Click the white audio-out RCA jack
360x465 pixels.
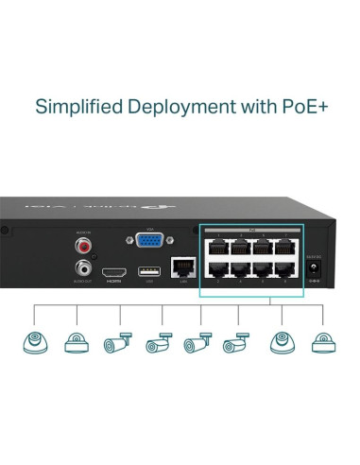coord(86,268)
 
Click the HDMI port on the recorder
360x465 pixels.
coord(113,270)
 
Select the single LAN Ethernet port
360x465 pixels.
coord(179,268)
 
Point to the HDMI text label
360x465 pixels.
coord(113,282)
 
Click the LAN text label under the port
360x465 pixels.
coord(179,283)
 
